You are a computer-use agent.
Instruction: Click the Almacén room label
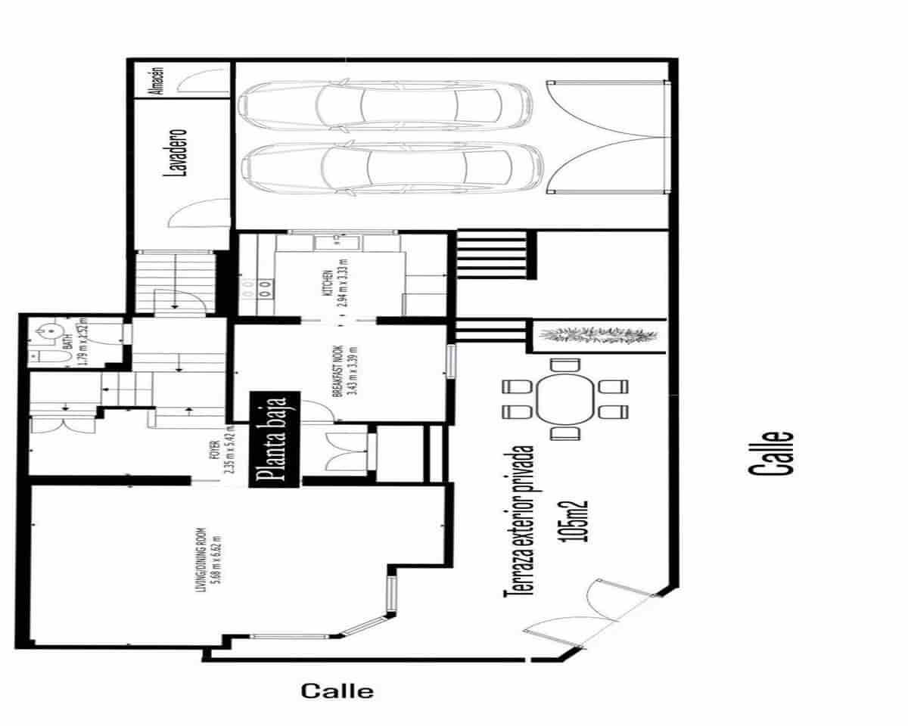pyautogui.click(x=158, y=80)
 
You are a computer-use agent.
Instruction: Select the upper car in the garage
pyautogui.click(x=386, y=105)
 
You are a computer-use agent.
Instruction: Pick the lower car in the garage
pyautogui.click(x=390, y=167)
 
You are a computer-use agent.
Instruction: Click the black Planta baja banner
pyautogui.click(x=275, y=439)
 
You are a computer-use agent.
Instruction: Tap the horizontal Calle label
pyautogui.click(x=337, y=690)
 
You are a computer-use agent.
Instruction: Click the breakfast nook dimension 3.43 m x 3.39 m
pyautogui.click(x=350, y=372)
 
